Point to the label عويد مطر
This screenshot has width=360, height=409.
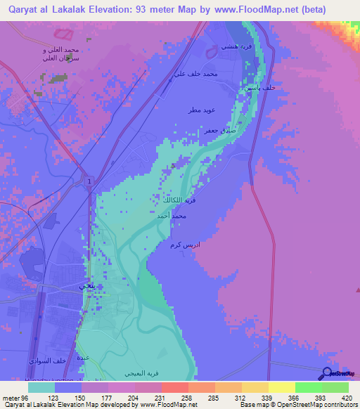(x=200, y=110)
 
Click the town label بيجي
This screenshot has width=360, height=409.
(x=96, y=287)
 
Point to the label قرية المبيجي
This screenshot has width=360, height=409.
(x=131, y=371)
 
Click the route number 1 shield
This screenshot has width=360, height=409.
(x=89, y=182)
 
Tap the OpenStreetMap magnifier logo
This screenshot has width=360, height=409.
(x=326, y=373)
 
